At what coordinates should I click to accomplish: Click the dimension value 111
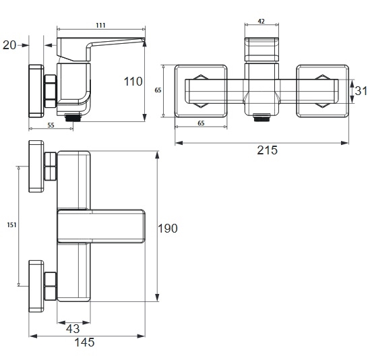click(101, 25)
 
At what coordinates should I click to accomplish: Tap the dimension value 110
click(133, 82)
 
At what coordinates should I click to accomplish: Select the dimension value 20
click(9, 45)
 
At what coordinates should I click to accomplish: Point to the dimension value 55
click(51, 125)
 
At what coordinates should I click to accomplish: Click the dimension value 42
click(261, 22)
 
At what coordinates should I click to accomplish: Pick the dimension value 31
click(361, 91)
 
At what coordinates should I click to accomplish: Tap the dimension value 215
click(267, 150)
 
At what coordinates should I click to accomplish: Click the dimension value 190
click(168, 229)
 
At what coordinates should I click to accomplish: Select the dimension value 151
click(11, 225)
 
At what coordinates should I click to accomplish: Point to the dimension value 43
click(73, 328)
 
